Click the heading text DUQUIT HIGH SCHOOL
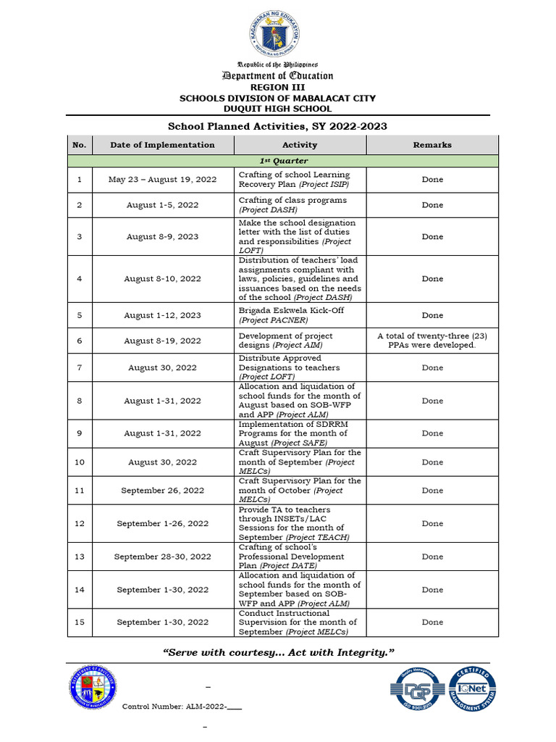point(278,109)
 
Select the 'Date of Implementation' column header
point(162,145)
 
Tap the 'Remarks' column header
point(432,145)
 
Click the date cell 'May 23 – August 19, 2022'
point(162,179)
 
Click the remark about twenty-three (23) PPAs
point(432,341)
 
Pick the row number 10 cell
point(80,462)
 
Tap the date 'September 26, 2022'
point(162,491)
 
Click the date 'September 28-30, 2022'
point(162,556)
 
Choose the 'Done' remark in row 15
point(432,622)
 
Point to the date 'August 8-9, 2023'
point(162,236)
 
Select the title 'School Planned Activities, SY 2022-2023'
point(278,126)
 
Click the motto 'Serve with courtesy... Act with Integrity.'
point(278,653)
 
